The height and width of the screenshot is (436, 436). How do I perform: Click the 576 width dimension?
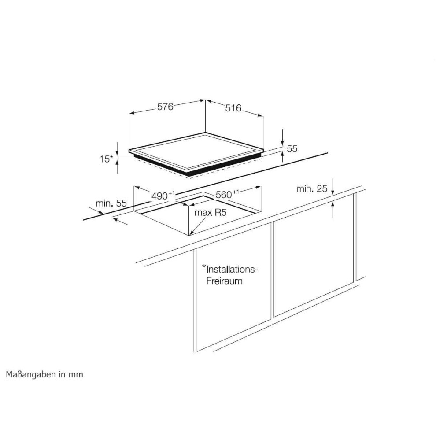coord(165,107)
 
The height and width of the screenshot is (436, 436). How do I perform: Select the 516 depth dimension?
coord(233,108)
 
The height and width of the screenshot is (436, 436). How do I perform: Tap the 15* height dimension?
coord(107,159)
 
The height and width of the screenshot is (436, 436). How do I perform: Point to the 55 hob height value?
coord(292,149)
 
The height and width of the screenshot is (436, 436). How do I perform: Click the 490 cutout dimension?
coord(163,195)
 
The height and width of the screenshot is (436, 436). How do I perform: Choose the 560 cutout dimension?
coord(227,194)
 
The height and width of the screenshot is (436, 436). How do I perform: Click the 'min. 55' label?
coord(111,203)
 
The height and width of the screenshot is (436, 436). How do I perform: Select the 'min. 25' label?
coord(312,189)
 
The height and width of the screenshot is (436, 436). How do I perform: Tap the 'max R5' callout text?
coord(211,213)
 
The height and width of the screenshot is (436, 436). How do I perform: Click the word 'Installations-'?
coord(233,270)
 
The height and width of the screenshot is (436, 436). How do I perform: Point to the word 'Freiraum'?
coord(225,281)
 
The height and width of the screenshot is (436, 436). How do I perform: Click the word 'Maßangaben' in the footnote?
coord(31,374)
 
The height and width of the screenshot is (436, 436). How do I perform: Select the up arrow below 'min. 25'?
coord(333,210)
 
